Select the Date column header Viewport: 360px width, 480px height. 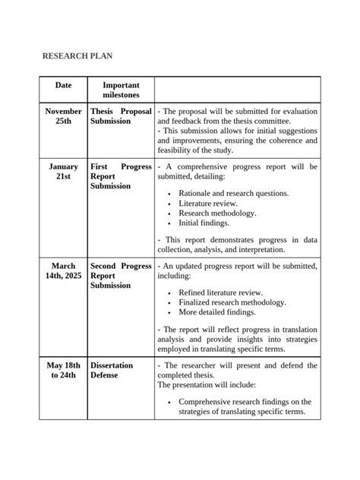[x=63, y=87]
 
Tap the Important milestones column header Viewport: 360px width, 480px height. [x=121, y=90]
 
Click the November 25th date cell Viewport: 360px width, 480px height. [x=63, y=116]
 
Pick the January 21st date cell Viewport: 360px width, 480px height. [x=63, y=171]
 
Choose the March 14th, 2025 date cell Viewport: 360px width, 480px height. [x=63, y=271]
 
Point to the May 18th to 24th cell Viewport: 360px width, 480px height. [x=63, y=371]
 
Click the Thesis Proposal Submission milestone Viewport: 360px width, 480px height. [x=121, y=116]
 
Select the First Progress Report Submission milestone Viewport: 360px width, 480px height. [x=121, y=176]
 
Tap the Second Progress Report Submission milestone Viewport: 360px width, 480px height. [x=121, y=276]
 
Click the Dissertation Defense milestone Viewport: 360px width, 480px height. [x=112, y=371]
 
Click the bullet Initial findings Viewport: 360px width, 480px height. [x=203, y=223]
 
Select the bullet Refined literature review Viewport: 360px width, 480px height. [x=220, y=292]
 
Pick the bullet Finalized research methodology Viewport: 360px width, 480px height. [x=232, y=302]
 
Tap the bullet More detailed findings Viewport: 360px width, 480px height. [x=217, y=312]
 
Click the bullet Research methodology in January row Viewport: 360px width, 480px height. [x=217, y=213]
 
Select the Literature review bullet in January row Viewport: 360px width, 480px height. [x=208, y=204]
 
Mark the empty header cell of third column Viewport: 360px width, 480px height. [x=237, y=90]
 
